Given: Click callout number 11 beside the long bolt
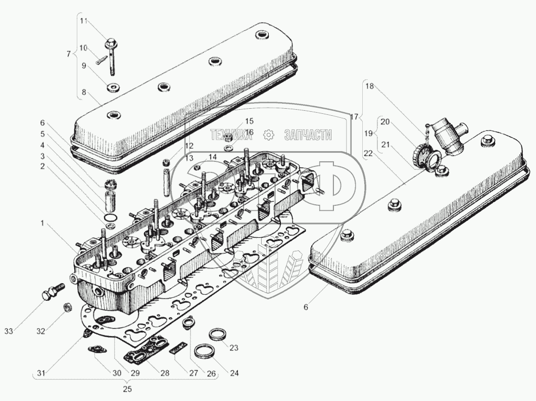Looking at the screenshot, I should coord(84,21).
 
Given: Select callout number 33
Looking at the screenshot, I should coord(9,331).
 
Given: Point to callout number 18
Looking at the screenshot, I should coord(370,86).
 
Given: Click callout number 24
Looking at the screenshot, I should coord(234,373).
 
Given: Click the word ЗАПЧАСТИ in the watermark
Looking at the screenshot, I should coord(308,135).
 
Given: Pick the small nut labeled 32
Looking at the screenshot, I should coord(66,307).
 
